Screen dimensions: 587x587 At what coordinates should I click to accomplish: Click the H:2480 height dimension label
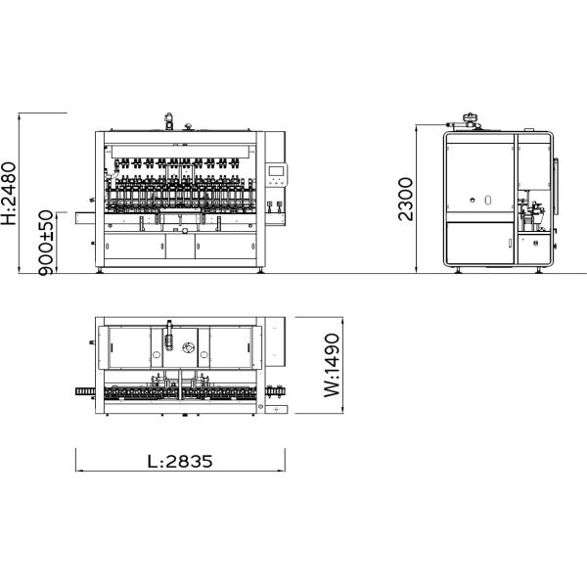[9, 193]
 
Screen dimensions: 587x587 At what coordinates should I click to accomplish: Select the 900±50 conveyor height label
[46, 243]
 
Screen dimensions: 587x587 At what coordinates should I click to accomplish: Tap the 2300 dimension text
[405, 200]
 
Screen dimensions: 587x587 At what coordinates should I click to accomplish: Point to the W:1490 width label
[332, 365]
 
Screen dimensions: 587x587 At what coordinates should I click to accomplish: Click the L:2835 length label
[180, 462]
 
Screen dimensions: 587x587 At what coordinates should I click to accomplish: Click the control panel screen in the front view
[277, 171]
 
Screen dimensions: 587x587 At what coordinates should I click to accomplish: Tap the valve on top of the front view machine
[169, 120]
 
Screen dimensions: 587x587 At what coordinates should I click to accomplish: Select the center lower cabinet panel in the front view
[180, 246]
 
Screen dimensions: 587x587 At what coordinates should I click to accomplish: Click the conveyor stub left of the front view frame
[85, 218]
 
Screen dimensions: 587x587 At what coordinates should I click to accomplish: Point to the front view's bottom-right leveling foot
[260, 270]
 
